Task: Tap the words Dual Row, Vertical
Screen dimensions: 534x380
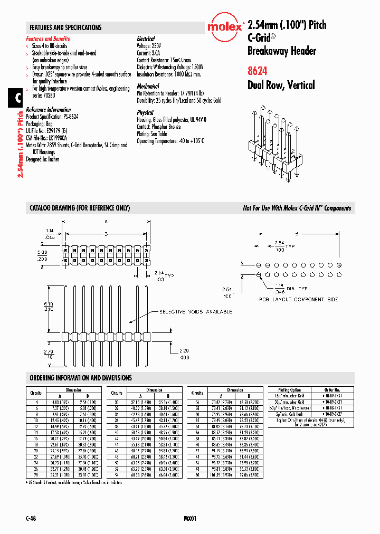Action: (281, 85)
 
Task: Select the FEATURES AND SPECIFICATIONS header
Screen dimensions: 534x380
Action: (65, 27)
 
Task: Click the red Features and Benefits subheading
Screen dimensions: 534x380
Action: (48, 39)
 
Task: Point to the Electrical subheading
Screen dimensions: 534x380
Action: (146, 39)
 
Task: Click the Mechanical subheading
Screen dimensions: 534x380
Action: (148, 85)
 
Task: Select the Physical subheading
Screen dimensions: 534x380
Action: (145, 112)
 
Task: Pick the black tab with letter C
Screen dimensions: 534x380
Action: (16, 98)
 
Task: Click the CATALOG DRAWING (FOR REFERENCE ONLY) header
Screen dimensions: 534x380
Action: (80, 208)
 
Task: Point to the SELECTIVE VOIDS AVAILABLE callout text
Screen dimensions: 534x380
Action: (196, 312)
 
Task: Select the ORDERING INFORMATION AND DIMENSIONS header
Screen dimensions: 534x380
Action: (81, 378)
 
